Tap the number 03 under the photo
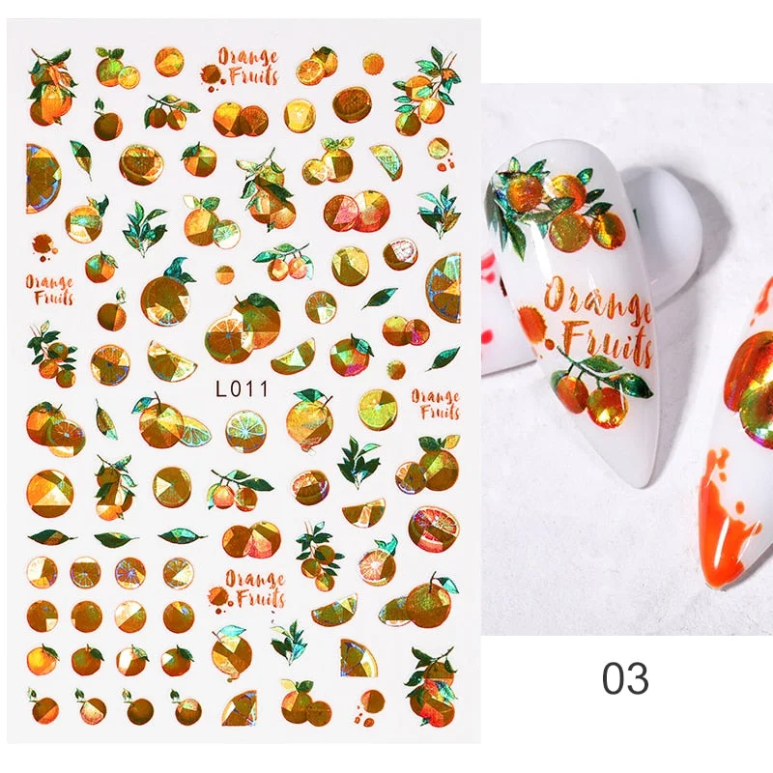coord(624,678)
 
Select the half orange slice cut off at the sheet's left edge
coord(41,178)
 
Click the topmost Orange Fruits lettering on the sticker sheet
coord(249,66)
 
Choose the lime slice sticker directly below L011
coord(245,430)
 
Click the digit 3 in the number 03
coord(637,678)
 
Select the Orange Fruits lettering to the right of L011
coord(435,404)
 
